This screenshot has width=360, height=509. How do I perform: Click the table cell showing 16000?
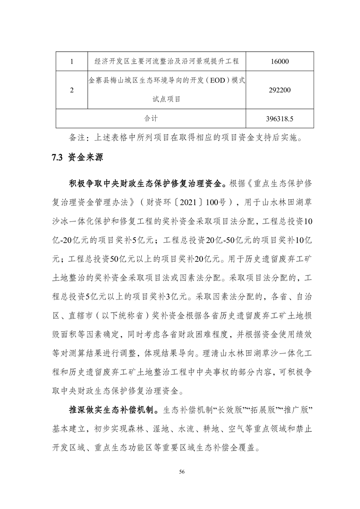click(x=279, y=61)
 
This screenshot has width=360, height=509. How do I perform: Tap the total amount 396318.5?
click(x=279, y=119)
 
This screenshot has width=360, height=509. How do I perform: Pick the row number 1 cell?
click(x=72, y=61)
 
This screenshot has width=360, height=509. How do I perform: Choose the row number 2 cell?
click(x=72, y=90)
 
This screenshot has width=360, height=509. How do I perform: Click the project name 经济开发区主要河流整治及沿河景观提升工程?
click(x=167, y=61)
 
